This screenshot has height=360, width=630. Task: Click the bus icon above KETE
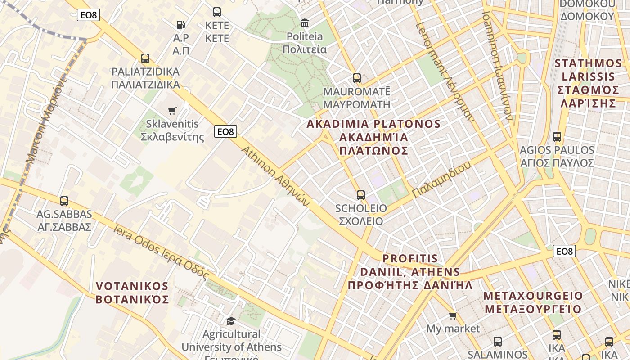(x=217, y=12)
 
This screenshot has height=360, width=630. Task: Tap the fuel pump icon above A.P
(x=180, y=24)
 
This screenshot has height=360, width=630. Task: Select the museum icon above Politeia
(x=305, y=22)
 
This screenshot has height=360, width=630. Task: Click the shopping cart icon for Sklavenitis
(x=172, y=111)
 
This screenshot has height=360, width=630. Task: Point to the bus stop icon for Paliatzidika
(x=145, y=58)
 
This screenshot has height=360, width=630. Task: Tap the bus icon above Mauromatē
(x=357, y=78)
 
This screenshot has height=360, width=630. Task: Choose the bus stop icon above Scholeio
(x=361, y=195)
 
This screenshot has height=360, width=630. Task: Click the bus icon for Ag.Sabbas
(x=64, y=201)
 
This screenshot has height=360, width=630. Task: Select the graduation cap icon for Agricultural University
(x=231, y=321)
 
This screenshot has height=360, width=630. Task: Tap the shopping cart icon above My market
(x=453, y=315)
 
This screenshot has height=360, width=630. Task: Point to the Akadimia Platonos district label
(x=373, y=137)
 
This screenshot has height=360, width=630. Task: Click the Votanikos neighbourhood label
(x=132, y=292)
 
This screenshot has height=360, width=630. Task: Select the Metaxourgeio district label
(x=533, y=302)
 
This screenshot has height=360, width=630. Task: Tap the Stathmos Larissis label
(x=588, y=83)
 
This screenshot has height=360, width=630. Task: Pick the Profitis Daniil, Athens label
(x=410, y=272)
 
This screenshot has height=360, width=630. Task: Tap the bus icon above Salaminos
(x=498, y=342)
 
